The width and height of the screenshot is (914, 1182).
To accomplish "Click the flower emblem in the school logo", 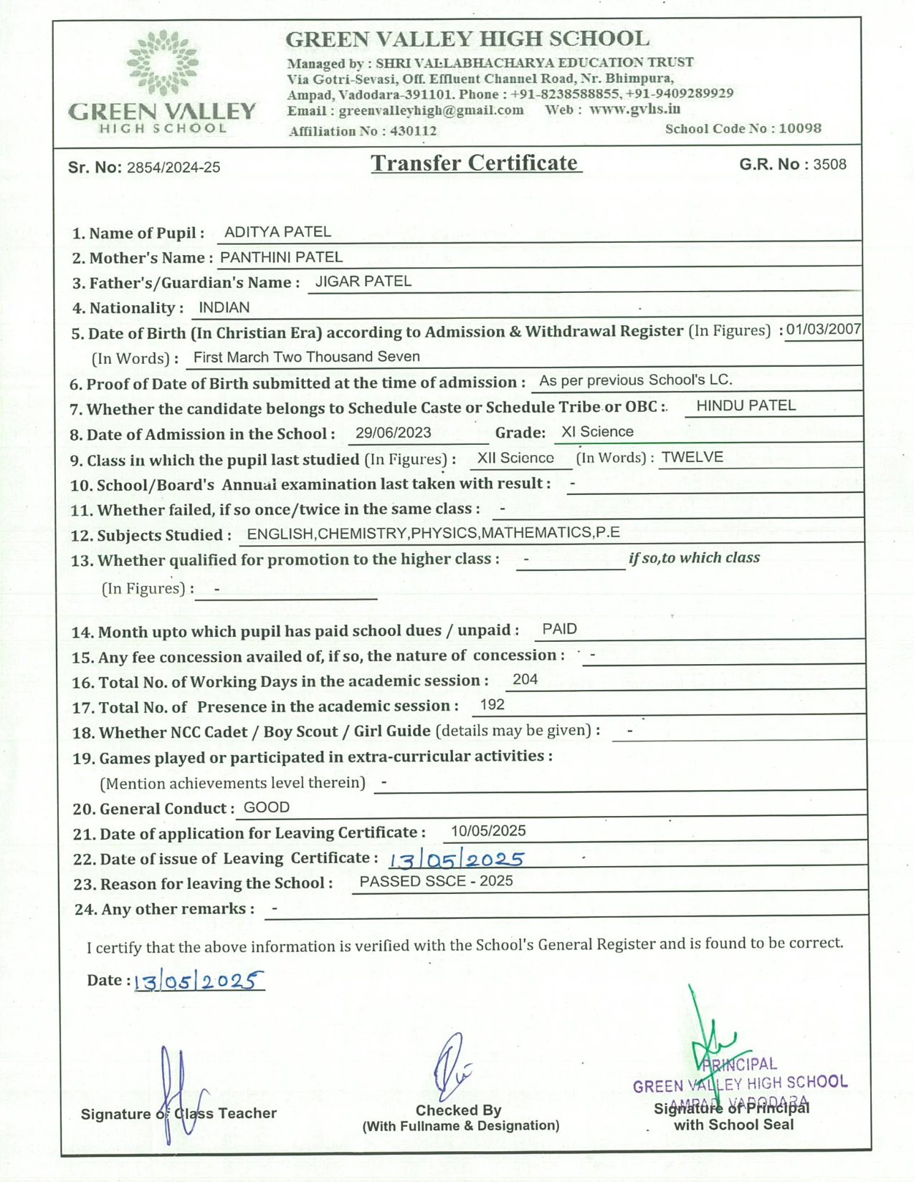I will click(x=163, y=63).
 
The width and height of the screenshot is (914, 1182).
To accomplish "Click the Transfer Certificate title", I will click(x=475, y=163).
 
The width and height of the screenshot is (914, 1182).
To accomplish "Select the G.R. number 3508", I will click(x=829, y=164).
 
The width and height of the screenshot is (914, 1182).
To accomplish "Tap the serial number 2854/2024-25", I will click(x=173, y=168).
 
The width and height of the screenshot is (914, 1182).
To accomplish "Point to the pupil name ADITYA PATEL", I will click(x=277, y=232).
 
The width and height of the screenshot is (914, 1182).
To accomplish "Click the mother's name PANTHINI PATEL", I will click(x=281, y=257).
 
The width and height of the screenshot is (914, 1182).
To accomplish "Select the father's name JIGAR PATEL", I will click(x=363, y=282).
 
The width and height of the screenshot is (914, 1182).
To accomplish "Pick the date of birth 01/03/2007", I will click(x=823, y=330).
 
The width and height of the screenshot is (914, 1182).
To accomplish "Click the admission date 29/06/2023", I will click(x=394, y=433).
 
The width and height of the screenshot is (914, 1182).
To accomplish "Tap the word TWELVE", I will click(x=692, y=457).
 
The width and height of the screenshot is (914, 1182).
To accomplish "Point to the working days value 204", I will click(x=525, y=680).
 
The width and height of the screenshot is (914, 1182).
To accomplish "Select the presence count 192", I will click(x=492, y=705).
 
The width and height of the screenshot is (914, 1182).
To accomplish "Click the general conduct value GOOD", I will click(x=267, y=807).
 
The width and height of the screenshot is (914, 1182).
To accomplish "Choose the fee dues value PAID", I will click(x=559, y=629).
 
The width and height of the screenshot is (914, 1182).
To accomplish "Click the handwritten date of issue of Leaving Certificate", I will click(x=457, y=859).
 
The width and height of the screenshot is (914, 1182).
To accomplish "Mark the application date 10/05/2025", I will click(x=488, y=831).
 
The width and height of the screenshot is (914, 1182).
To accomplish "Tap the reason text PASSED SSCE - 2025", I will click(x=436, y=881).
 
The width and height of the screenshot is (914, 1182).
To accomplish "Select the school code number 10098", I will click(x=800, y=128).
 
